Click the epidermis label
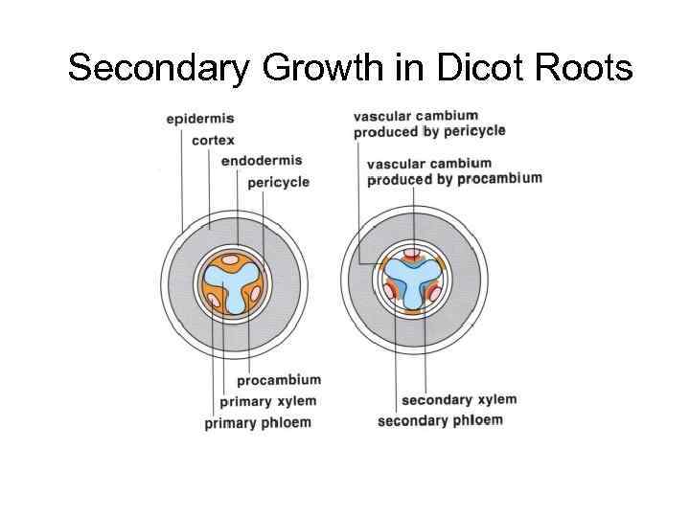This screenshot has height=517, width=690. [200, 120]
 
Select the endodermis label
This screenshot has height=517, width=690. [261, 161]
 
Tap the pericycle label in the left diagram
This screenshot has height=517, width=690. [279, 182]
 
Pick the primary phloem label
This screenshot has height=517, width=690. [258, 422]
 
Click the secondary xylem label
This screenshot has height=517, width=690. [458, 400]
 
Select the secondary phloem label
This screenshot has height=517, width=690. [440, 420]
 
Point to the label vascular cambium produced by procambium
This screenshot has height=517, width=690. [454, 170]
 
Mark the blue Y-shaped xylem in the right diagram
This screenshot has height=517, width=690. [412, 287]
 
